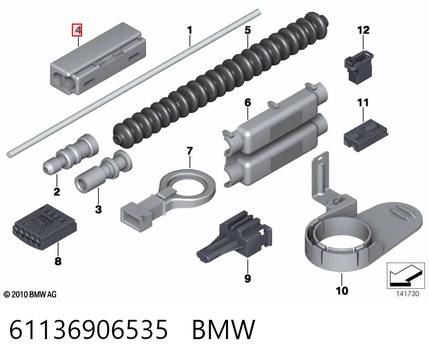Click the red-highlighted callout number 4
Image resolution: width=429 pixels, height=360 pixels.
pyautogui.click(x=77, y=30)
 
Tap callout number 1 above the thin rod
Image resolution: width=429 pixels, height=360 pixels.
pyautogui.click(x=190, y=30)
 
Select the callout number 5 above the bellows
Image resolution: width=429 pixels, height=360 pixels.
pyautogui.click(x=248, y=30)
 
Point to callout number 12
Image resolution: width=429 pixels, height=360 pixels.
pyautogui.click(x=364, y=30)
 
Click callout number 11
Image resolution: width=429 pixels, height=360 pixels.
pyautogui.click(x=363, y=102)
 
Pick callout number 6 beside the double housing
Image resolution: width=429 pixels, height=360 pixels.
pyautogui.click(x=248, y=102)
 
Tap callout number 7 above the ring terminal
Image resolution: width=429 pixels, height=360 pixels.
pyautogui.click(x=190, y=151)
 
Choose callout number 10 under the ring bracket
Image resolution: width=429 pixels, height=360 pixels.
pyautogui.click(x=342, y=290)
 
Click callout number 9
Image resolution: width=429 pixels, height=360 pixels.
pyautogui.click(x=248, y=279)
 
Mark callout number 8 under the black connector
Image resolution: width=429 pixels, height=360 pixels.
pyautogui.click(x=58, y=261)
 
